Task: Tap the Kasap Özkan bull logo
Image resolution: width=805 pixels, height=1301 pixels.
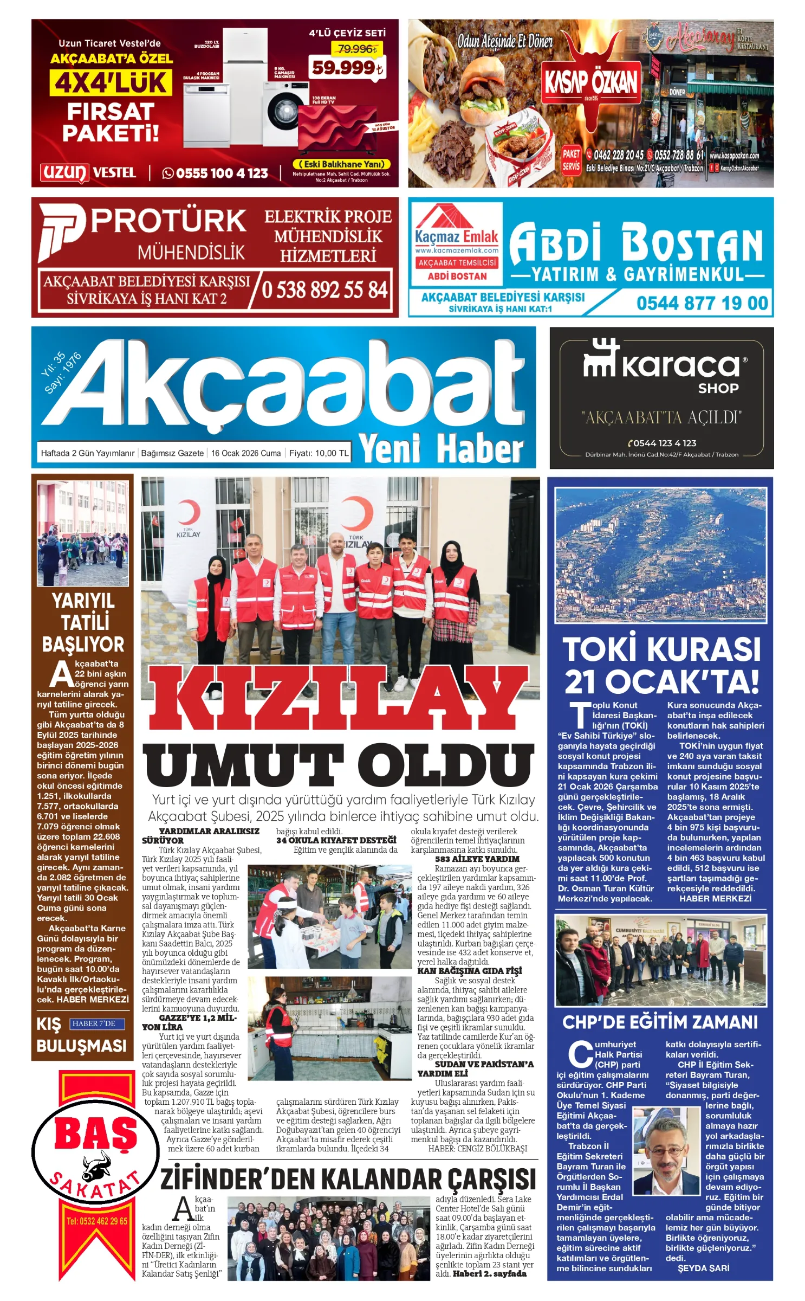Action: (x=592, y=81)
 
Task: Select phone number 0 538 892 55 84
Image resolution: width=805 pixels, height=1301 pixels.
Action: (x=324, y=290)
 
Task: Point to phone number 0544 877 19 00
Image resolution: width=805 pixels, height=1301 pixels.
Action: (x=702, y=303)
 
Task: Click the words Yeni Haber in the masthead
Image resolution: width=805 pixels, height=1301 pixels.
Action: (x=442, y=449)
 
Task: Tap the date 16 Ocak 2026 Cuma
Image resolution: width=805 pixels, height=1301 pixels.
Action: (x=246, y=453)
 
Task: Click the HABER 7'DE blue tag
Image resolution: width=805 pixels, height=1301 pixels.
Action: (x=97, y=1024)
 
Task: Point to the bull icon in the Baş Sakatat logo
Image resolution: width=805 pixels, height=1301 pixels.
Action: (x=96, y=1168)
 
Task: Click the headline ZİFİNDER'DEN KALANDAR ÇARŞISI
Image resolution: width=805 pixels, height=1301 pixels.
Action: (x=348, y=1180)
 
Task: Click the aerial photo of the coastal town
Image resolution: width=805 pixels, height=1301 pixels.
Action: (x=660, y=554)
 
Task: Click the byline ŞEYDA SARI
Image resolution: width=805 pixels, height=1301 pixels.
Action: (x=703, y=1268)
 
